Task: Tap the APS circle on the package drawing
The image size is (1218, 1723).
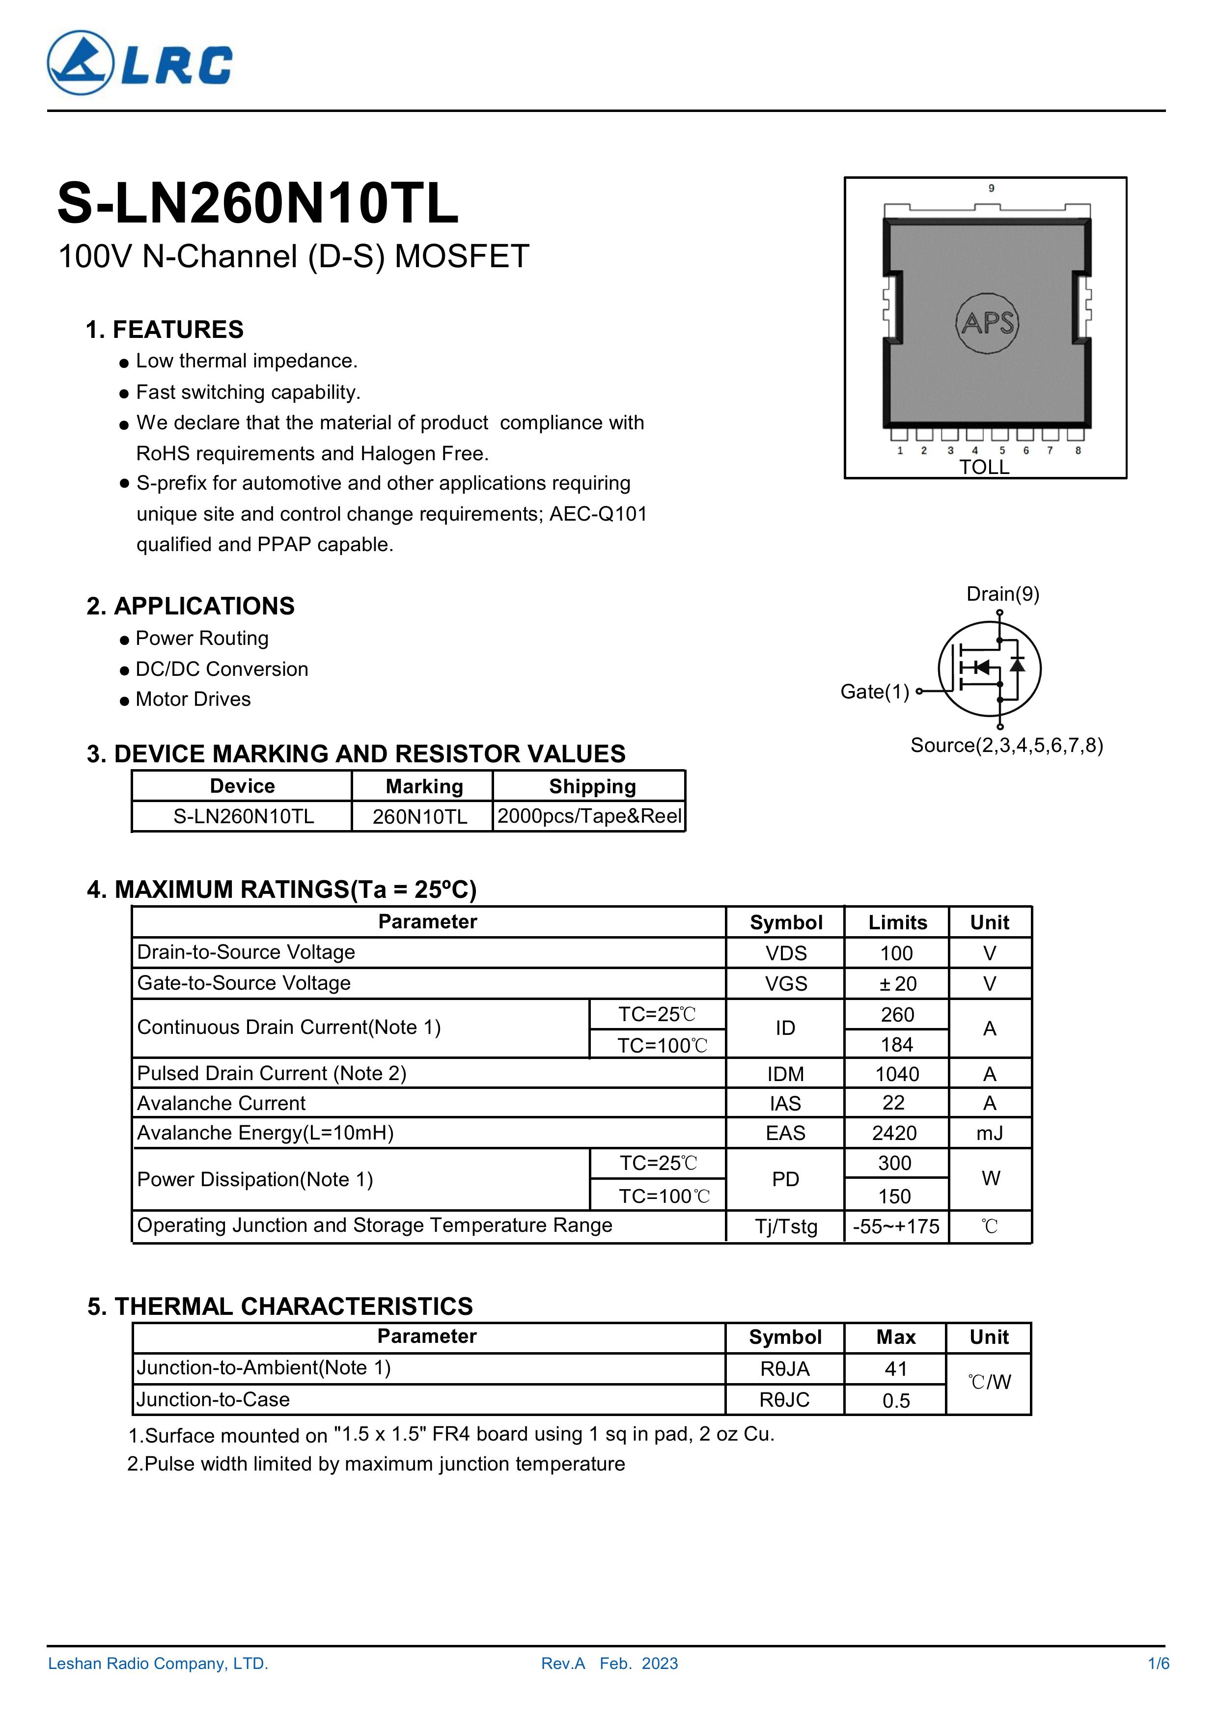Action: click(987, 323)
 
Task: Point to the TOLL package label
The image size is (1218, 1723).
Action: click(984, 468)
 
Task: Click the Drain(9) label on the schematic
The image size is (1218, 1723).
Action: click(1002, 594)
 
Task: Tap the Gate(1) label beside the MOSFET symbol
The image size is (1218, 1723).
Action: click(874, 692)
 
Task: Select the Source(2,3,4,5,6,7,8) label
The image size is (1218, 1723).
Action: click(1006, 745)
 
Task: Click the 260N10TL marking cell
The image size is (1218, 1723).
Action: click(420, 816)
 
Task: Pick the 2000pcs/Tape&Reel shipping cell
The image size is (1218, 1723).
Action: click(589, 816)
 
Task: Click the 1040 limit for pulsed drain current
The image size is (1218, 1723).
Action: click(897, 1074)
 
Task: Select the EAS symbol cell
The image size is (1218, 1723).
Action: click(785, 1133)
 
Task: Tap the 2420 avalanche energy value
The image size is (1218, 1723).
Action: click(894, 1133)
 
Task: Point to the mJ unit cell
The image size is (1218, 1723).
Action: click(990, 1133)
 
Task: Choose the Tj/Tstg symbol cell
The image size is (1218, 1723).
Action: click(786, 1227)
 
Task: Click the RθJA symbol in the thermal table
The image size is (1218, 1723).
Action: click(785, 1369)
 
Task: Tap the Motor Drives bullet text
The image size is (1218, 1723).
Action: click(193, 699)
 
